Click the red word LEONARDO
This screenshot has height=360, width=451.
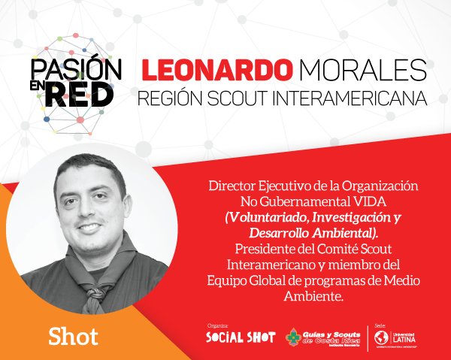[214, 71]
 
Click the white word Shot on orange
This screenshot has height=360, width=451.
[73, 336]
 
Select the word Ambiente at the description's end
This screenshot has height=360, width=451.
[316, 296]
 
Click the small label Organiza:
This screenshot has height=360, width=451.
[217, 325]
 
